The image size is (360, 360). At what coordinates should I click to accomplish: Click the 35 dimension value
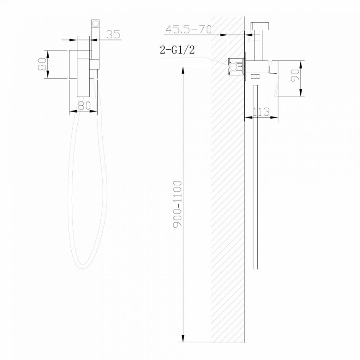(x=113, y=34)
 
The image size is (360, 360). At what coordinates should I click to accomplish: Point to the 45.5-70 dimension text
(x=188, y=29)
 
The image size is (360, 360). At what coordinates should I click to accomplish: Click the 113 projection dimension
(x=262, y=112)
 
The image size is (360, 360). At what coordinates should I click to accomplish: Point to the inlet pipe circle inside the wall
(x=232, y=68)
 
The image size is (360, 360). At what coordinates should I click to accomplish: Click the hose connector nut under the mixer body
(x=255, y=77)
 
